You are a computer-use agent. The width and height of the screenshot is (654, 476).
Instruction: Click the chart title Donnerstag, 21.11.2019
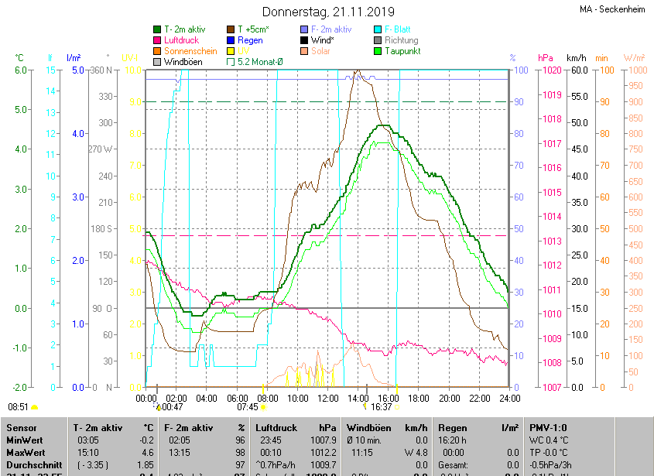click(328, 12)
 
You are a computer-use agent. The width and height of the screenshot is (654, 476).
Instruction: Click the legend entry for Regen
click(249, 40)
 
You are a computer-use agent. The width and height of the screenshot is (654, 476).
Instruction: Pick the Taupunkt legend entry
click(402, 51)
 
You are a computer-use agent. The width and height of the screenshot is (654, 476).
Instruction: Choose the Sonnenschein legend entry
click(190, 51)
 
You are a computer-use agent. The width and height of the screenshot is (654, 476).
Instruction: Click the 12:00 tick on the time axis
click(328, 398)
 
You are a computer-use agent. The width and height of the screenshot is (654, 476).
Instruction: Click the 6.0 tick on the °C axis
click(20, 70)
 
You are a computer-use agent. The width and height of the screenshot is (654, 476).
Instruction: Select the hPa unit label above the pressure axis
click(546, 58)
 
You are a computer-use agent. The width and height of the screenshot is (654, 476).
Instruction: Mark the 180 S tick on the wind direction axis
click(101, 228)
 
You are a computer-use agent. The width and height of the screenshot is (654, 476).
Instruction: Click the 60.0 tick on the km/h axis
click(577, 70)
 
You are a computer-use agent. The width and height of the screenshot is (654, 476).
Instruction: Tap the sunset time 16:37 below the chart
click(382, 406)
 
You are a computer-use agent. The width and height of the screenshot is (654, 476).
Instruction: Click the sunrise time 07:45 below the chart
click(248, 406)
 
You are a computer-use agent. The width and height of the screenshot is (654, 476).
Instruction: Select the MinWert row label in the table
click(24, 440)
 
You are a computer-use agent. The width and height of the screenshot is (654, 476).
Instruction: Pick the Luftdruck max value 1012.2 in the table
click(323, 452)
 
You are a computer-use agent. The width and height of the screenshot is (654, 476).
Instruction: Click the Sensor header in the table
click(22, 427)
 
